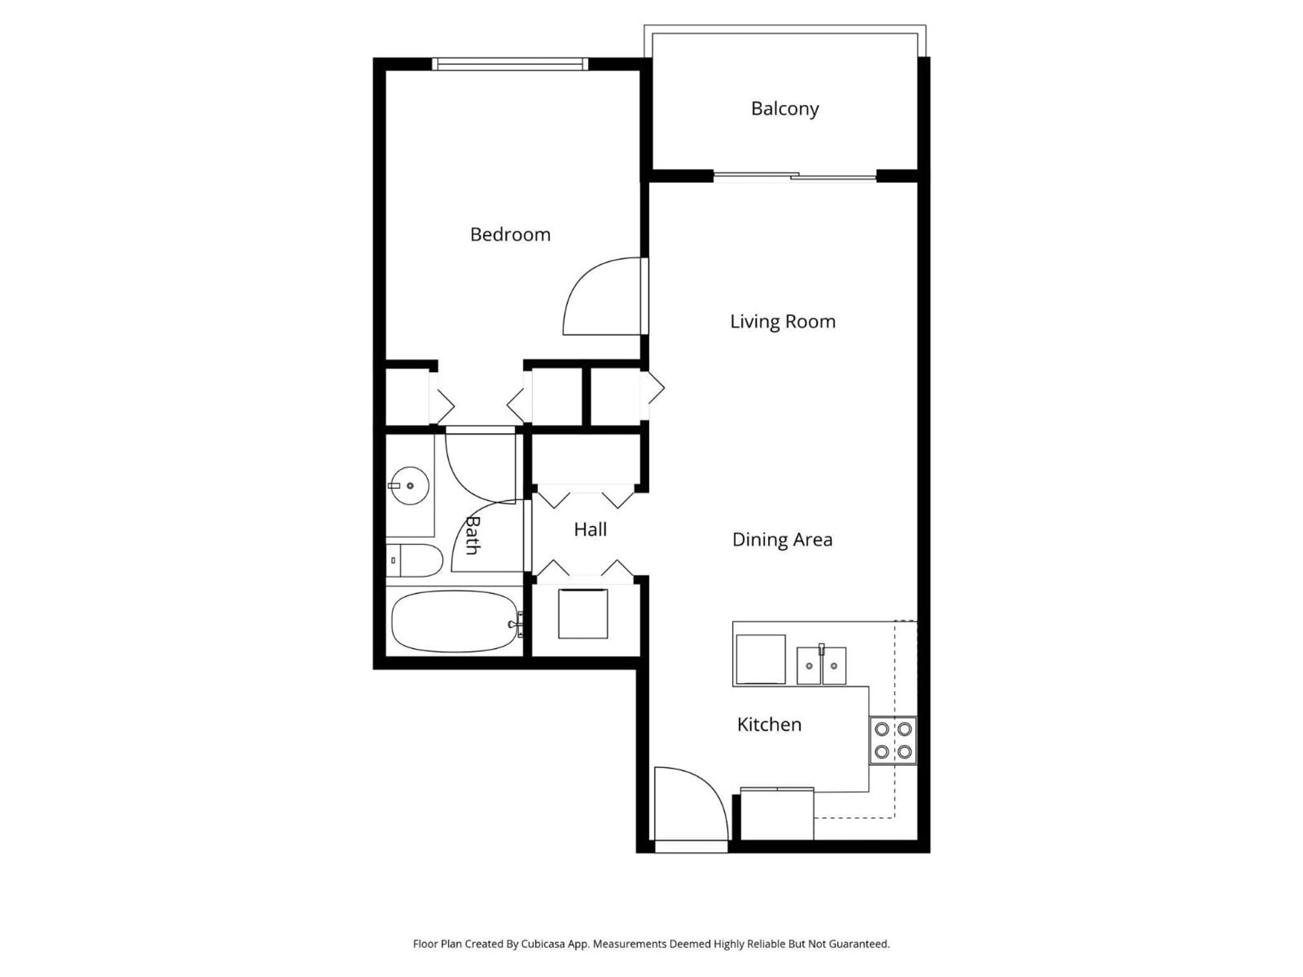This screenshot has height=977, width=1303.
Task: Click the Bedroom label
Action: tap(510, 235)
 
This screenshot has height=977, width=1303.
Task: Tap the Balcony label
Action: tap(785, 109)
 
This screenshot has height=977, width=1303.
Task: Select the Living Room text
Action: tap(782, 322)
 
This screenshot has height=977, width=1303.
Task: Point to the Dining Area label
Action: tap(782, 539)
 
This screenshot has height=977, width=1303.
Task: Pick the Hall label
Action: tap(590, 530)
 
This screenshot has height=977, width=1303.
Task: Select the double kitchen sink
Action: tap(821, 666)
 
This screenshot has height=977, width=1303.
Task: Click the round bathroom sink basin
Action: tap(410, 486)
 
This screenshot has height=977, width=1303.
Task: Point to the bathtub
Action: tap(454, 621)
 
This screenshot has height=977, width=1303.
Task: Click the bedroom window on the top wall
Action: tap(510, 63)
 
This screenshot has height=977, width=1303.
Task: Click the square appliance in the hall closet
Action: tap(583, 614)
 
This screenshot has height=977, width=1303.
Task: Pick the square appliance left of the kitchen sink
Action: tap(760, 659)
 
